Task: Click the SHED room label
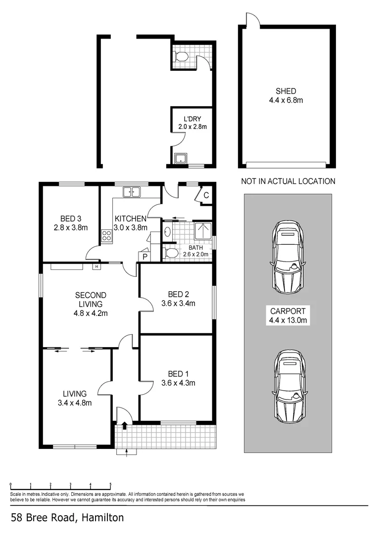286,91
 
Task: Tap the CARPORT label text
288,311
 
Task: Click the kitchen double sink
132,192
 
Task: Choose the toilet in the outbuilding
181,57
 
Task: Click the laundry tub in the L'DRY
181,158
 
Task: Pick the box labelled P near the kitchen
145,257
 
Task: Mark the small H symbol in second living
96,267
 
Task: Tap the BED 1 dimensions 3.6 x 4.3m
178,383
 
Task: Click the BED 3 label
71,219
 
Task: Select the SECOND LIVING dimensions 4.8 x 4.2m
91,312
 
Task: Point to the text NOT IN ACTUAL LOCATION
288,181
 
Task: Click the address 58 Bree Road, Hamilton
67,518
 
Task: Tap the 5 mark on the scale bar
110,485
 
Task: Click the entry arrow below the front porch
127,451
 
